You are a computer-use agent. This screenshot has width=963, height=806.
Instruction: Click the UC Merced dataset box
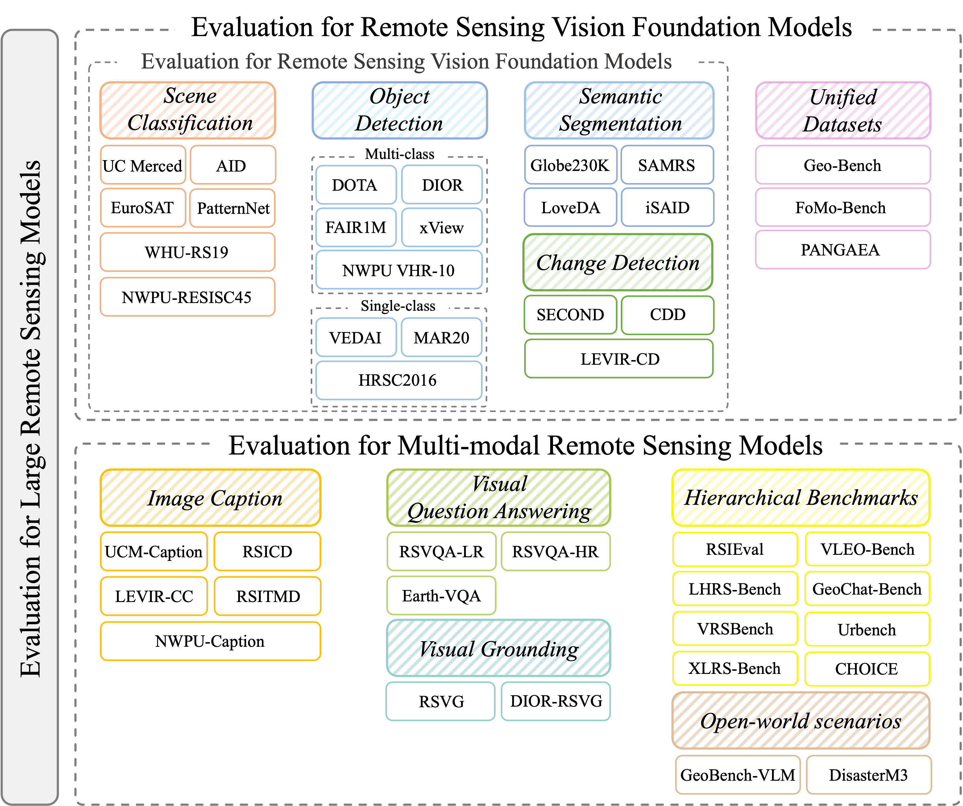pos(143,165)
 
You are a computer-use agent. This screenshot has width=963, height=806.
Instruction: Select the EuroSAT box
pos(143,208)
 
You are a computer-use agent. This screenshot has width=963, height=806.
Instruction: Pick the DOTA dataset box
pos(356,185)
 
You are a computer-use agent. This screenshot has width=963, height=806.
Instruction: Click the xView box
pos(442,227)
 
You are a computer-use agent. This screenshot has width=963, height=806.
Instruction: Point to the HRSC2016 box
pos(398,380)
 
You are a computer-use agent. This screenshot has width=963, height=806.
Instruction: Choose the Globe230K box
pos(571,165)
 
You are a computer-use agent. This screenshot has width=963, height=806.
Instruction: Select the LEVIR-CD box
pos(619,359)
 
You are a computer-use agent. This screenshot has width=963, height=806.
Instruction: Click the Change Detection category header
pos(618,262)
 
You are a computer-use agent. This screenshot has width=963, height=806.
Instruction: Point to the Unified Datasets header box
pos(843,110)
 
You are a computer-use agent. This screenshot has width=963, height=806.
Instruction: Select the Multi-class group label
pos(399,154)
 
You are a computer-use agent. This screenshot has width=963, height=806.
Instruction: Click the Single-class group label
pos(398,306)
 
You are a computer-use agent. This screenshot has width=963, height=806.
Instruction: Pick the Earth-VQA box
pos(441,596)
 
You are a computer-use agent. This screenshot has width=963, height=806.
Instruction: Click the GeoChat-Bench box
pos(867,589)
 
